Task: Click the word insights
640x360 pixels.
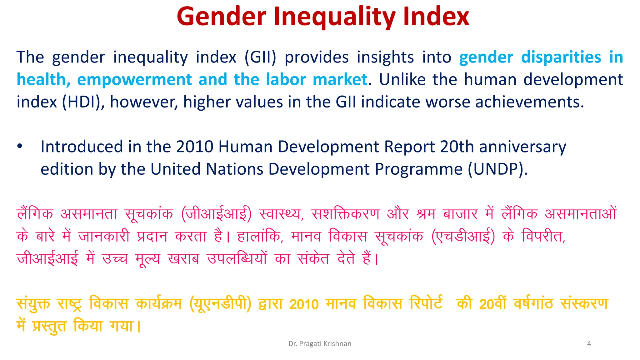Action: pyautogui.click(x=385, y=57)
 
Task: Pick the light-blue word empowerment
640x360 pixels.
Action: pyautogui.click(x=134, y=80)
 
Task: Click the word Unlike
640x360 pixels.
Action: pyautogui.click(x=402, y=80)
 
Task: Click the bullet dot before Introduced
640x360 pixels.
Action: pyautogui.click(x=20, y=146)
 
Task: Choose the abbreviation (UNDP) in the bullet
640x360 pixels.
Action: pyautogui.click(x=497, y=169)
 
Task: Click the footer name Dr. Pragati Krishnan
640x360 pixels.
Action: pyautogui.click(x=320, y=344)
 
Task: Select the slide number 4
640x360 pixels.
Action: pyautogui.click(x=589, y=344)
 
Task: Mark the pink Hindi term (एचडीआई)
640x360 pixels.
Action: pyautogui.click(x=463, y=237)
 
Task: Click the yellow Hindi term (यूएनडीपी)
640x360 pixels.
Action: pyautogui.click(x=220, y=304)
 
